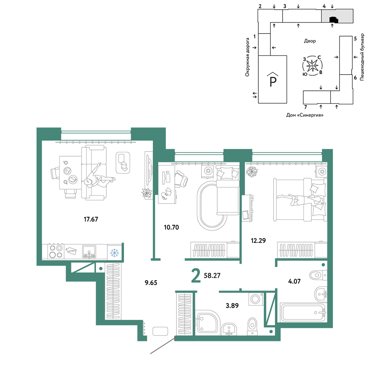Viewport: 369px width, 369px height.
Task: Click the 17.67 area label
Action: coord(91,219)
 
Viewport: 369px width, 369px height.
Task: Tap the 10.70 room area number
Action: coord(171,227)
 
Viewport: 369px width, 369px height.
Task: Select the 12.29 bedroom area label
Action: coord(258,241)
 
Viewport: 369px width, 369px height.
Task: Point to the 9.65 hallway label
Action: coord(151,283)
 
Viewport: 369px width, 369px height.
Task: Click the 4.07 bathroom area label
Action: coord(294,281)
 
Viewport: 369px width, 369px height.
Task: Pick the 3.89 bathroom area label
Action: coord(232,306)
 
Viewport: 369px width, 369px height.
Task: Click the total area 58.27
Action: coord(212,275)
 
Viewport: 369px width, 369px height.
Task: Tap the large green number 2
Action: coord(196,276)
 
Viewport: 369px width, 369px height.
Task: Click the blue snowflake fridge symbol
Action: coord(115,253)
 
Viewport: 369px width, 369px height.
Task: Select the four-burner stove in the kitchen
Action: coord(56,251)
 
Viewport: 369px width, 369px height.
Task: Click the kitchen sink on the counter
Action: coord(89,252)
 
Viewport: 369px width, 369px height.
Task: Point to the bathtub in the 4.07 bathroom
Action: coord(303,313)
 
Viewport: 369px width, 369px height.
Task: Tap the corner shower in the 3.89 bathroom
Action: coord(207,323)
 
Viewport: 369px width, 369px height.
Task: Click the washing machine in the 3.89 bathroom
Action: coord(256,299)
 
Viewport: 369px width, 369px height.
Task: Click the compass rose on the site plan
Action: coord(312,66)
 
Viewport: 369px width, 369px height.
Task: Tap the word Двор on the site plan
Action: coord(310,41)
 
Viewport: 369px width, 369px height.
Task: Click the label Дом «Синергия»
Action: coord(304,115)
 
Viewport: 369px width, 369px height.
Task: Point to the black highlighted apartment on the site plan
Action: coord(334,20)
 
